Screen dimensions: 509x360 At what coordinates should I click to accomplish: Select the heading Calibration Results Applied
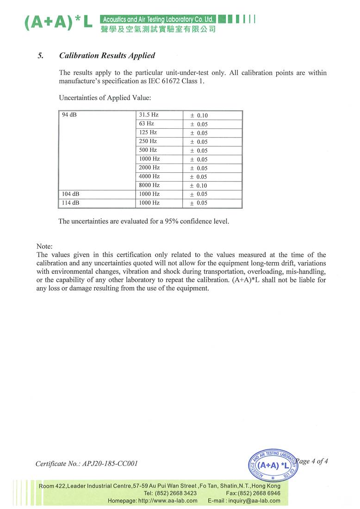[x=107, y=56]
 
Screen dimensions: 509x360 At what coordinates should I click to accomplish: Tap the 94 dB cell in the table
[x=69, y=115]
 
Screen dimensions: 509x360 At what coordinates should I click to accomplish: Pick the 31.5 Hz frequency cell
[x=149, y=115]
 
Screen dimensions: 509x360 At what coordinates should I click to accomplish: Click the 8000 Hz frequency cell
[x=149, y=185]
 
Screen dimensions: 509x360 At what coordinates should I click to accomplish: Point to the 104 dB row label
[x=71, y=194]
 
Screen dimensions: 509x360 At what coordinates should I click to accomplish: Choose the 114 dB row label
[x=71, y=203]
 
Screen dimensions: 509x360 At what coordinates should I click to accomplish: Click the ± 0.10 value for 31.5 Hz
[x=199, y=115]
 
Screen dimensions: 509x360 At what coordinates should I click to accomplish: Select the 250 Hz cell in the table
[x=148, y=141]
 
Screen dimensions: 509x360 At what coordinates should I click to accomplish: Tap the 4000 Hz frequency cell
[x=149, y=176]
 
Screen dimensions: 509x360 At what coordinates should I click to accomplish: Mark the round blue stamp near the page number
[x=273, y=465]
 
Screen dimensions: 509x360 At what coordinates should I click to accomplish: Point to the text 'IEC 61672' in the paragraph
[x=169, y=81]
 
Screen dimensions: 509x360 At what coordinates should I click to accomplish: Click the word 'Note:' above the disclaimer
[x=44, y=246]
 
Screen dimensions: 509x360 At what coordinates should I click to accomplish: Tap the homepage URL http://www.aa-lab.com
[x=168, y=501]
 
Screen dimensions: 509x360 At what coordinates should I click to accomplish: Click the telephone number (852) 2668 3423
[x=177, y=493]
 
